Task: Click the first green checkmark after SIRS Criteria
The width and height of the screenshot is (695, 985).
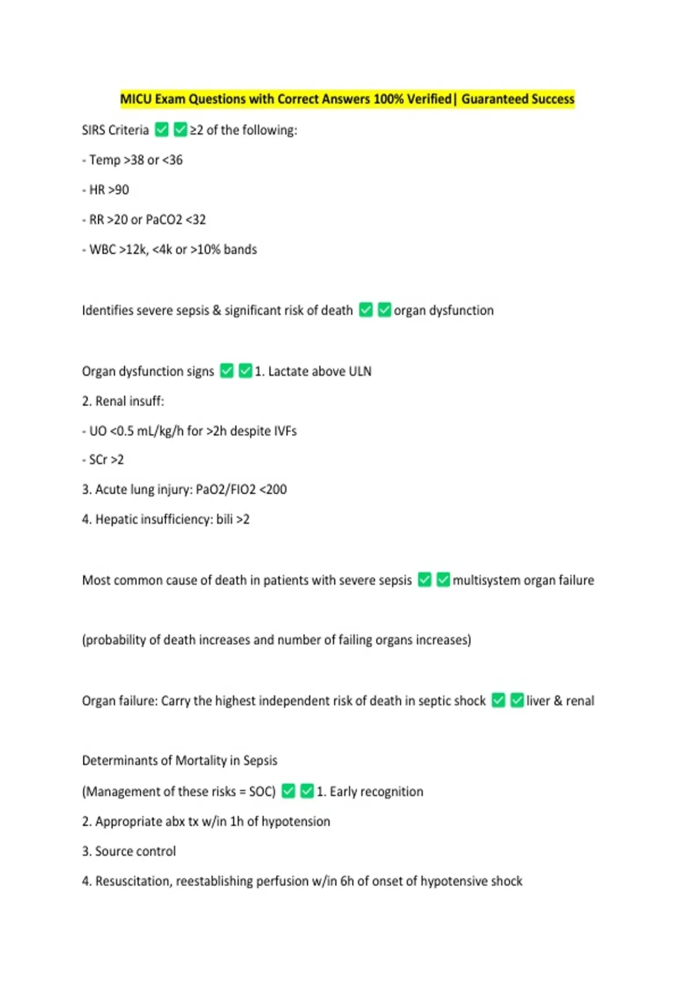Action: click(162, 130)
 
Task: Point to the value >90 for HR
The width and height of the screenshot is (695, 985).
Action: click(119, 190)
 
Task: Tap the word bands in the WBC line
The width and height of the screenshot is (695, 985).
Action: click(240, 250)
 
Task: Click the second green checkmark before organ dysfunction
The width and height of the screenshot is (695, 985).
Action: click(385, 310)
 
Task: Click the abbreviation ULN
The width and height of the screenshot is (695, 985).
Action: click(360, 371)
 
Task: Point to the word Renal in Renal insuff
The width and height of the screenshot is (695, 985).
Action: click(111, 401)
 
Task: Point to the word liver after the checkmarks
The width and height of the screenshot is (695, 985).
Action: click(538, 701)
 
